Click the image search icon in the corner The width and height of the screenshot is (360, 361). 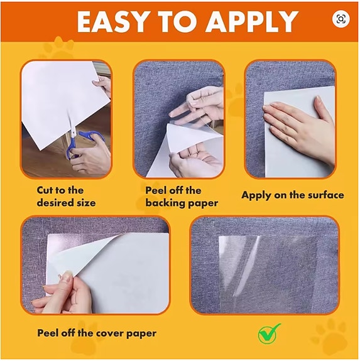pyautogui.click(x=341, y=19)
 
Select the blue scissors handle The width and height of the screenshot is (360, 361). pyautogui.click(x=85, y=143)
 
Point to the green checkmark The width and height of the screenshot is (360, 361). pyautogui.click(x=269, y=333)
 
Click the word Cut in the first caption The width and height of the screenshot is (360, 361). pyautogui.click(x=45, y=190)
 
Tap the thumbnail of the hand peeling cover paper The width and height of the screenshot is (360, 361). pyautogui.click(x=95, y=265)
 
